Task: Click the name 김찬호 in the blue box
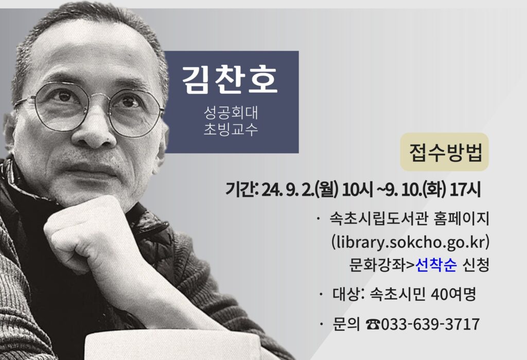(230, 79)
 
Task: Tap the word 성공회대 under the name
(231, 112)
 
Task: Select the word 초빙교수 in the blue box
(231, 129)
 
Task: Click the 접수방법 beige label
(444, 152)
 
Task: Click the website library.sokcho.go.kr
(410, 242)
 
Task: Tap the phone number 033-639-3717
(430, 324)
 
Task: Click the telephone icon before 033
(373, 324)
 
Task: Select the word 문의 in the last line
(346, 324)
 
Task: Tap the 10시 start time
(358, 190)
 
